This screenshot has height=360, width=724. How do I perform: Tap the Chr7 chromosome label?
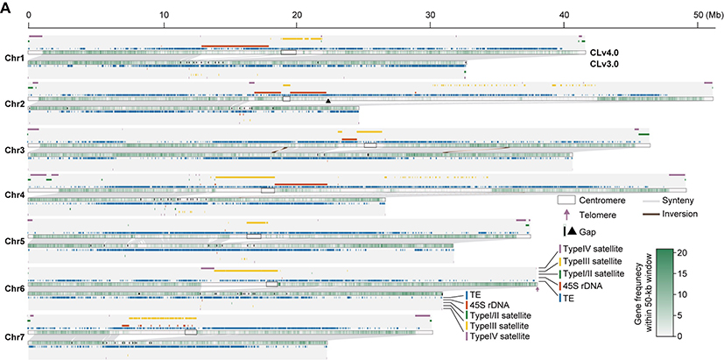13,336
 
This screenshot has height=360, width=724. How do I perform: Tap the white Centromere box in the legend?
566,201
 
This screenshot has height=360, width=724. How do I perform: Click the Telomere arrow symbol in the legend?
566,215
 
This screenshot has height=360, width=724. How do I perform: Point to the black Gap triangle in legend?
571,231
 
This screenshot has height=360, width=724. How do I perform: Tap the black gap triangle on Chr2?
327,102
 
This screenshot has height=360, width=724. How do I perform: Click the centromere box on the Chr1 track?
288,53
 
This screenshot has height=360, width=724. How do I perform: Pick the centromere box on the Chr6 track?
271,285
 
